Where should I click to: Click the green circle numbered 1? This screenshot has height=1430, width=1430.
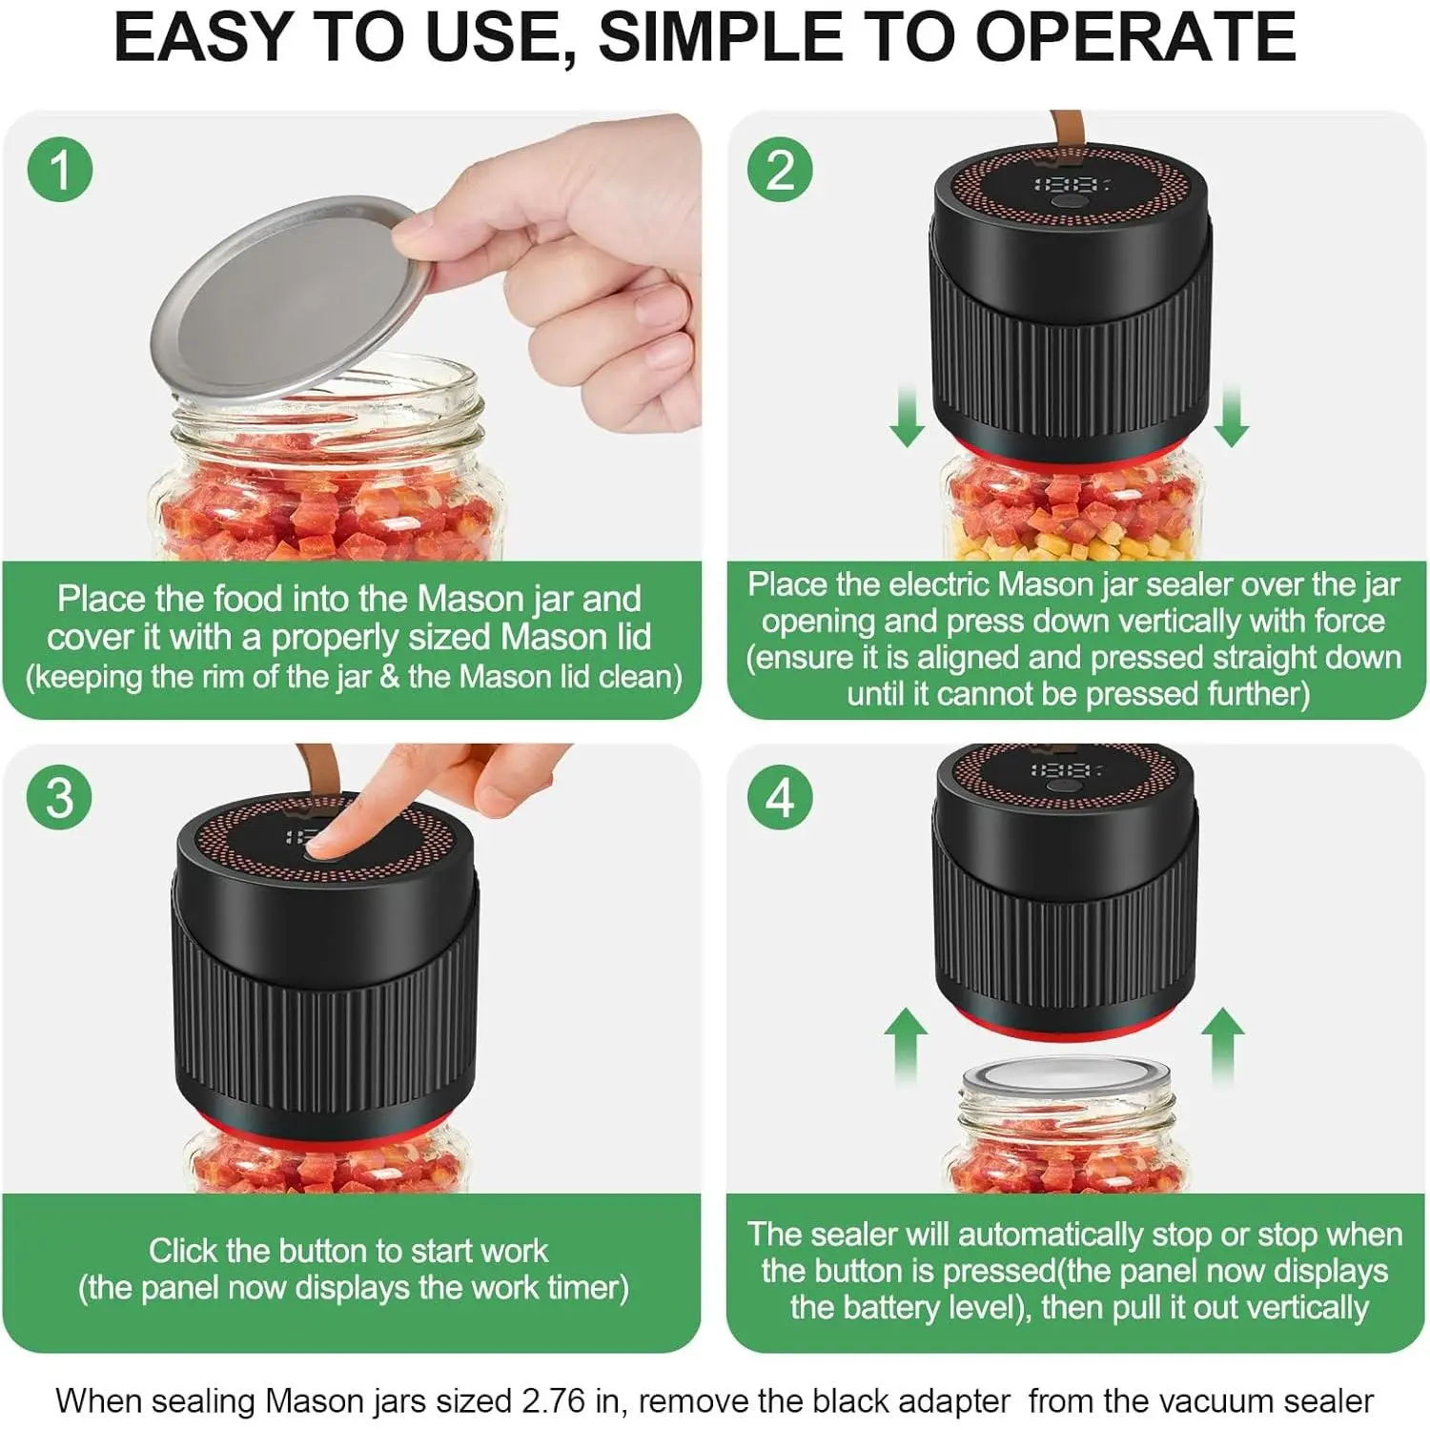tap(60, 171)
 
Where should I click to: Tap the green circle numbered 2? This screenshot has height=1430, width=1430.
tap(780, 171)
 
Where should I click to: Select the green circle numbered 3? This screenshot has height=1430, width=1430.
tap(60, 797)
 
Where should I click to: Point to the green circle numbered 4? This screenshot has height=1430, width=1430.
tap(780, 797)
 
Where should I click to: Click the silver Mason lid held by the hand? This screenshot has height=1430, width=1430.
tap(291, 300)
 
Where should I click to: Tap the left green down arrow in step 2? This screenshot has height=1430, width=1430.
tap(907, 416)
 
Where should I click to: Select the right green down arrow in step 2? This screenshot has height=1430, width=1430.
tap(1232, 416)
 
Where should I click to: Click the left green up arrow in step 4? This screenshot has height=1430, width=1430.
tap(906, 1047)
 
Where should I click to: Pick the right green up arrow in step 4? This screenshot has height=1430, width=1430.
tap(1222, 1047)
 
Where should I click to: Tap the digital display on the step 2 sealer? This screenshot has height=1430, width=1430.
tap(1072, 183)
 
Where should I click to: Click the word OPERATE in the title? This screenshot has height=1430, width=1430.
tap(1134, 36)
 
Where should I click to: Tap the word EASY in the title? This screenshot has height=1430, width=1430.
tap(201, 36)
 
